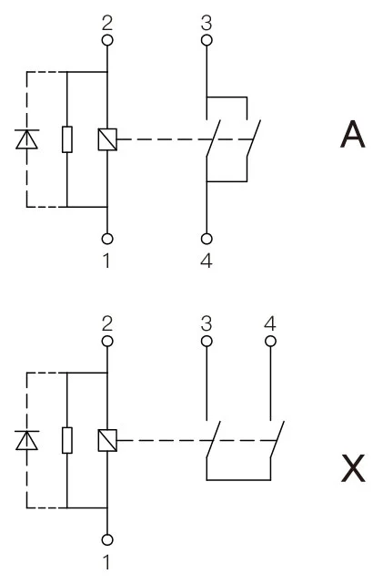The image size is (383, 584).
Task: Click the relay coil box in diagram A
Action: [x=107, y=138]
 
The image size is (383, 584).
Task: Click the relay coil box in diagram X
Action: [x=107, y=440]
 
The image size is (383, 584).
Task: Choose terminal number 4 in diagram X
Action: [x=269, y=324]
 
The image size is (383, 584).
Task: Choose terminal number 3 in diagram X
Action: [x=207, y=324]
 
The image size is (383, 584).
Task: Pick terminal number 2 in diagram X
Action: [x=107, y=324]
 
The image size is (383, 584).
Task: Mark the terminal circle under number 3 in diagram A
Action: [x=207, y=40]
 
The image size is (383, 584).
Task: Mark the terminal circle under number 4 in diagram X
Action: [x=269, y=341]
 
